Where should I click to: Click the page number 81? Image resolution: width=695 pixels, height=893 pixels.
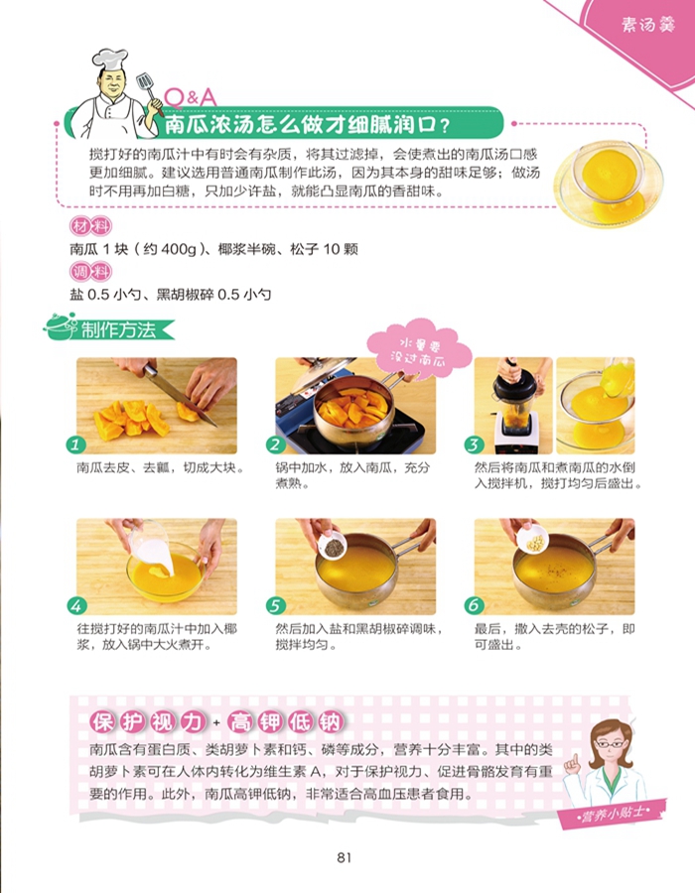(345, 857)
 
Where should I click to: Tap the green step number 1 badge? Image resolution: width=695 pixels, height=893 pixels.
(75, 445)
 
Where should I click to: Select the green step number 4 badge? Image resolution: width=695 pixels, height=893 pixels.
(75, 605)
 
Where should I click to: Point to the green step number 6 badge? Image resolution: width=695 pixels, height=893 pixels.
(474, 605)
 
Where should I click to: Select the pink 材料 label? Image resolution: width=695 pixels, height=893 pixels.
(90, 226)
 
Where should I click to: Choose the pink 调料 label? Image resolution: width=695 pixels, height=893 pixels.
(90, 272)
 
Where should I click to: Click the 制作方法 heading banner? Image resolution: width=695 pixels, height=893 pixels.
(109, 329)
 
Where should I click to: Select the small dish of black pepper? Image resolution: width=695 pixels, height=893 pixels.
(333, 546)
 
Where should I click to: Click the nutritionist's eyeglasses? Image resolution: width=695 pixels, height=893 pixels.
(609, 744)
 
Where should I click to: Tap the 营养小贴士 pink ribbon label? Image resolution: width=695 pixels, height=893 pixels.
(613, 814)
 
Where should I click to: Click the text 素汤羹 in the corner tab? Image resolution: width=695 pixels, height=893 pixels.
(647, 25)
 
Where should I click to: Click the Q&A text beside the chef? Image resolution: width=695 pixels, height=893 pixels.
(190, 97)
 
